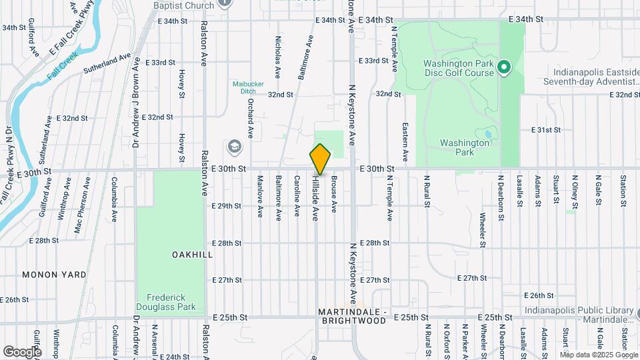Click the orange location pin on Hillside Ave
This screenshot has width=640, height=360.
click(320, 159)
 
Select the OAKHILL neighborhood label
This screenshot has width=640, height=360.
click(192, 255)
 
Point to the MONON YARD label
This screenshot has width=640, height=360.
click(53, 275)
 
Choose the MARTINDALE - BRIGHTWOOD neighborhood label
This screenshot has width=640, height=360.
click(352, 316)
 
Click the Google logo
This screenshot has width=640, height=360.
click(22, 351)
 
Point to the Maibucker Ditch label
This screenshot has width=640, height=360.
click(249, 88)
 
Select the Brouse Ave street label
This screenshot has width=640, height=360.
click(334, 194)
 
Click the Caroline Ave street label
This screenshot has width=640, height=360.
click(297, 195)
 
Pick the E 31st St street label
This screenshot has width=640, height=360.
click(545, 129)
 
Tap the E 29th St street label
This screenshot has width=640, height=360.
click(226, 206)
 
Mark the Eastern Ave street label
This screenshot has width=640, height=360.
click(405, 141)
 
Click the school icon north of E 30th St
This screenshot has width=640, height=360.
click(234, 146)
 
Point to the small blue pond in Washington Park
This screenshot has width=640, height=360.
click(488, 134)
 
